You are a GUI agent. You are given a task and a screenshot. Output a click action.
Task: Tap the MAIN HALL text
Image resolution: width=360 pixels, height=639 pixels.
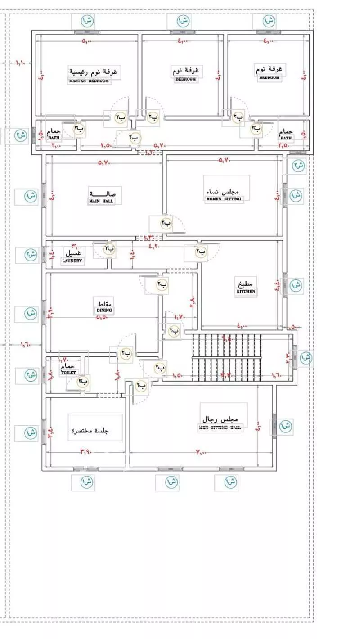(x=101, y=202)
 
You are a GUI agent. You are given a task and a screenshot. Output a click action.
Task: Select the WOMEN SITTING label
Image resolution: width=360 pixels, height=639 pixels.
(x=224, y=198)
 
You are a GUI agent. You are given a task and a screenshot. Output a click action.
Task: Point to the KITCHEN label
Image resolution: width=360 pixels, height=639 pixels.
(x=246, y=292)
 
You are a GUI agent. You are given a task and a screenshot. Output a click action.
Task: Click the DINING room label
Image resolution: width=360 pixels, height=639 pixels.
(x=103, y=310)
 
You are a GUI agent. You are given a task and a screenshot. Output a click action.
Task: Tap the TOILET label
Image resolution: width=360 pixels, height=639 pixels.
(x=69, y=372)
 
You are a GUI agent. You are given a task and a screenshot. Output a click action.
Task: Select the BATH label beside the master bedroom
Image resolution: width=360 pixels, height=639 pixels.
(x=54, y=138)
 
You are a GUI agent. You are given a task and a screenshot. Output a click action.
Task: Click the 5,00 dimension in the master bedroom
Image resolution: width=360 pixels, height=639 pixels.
(x=86, y=42)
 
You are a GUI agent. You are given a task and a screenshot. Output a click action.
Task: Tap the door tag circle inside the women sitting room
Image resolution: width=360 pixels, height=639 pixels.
(x=166, y=223)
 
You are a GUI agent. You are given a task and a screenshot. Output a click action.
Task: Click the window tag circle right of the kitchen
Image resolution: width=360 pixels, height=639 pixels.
(x=295, y=285)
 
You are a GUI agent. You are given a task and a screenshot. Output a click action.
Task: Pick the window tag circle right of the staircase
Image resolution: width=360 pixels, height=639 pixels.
(x=306, y=358)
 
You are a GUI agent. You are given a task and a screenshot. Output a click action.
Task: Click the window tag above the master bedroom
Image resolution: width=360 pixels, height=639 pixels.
(x=88, y=21)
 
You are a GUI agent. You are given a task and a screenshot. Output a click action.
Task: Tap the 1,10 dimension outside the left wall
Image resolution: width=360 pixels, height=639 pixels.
(x=21, y=62)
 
